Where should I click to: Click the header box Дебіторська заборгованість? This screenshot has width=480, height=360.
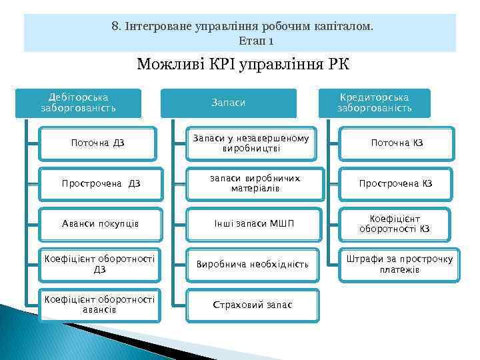78,103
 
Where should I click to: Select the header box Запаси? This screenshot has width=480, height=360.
228,103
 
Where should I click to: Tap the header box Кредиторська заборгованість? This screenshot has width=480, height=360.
374,103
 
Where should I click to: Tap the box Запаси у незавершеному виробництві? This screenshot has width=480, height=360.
251,143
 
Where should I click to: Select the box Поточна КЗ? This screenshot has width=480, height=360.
397,143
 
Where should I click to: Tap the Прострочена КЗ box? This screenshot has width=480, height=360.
397,183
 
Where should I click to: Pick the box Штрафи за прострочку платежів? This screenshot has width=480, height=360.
397,264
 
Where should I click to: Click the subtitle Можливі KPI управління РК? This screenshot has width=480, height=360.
243,65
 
